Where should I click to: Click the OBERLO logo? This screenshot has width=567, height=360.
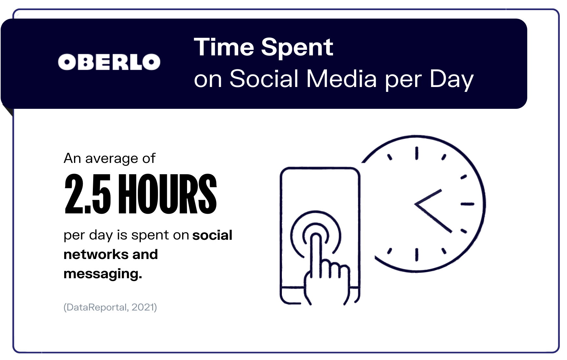click(x=109, y=62)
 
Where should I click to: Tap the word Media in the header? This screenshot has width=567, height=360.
click(x=342, y=79)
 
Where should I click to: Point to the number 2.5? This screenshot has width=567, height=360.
click(x=88, y=194)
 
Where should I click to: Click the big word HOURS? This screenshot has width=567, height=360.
click(x=167, y=194)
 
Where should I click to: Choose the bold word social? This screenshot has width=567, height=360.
click(x=212, y=235)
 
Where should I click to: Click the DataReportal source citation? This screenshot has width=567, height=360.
click(x=110, y=307)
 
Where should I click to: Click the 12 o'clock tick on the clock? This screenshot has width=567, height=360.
click(x=416, y=153)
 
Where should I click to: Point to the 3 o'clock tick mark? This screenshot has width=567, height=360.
click(x=467, y=204)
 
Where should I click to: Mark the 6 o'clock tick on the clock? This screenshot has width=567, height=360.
click(x=416, y=254)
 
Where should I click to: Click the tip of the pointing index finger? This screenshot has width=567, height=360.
click(x=315, y=235)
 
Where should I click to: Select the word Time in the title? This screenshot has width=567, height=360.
click(x=224, y=47)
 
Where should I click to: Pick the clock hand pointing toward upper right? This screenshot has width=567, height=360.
click(x=428, y=197)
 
